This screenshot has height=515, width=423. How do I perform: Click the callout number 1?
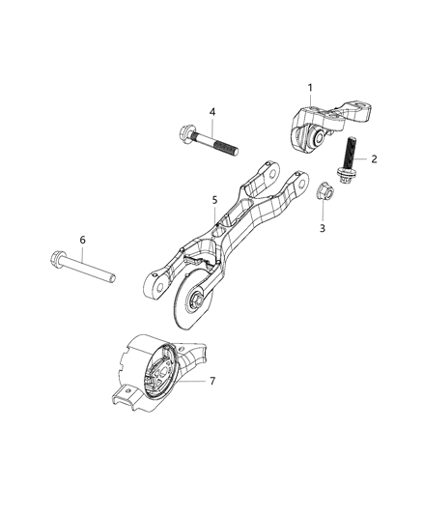(x=310, y=88)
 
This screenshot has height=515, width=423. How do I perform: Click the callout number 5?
(x=215, y=202)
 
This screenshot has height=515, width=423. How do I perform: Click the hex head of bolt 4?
(x=185, y=132)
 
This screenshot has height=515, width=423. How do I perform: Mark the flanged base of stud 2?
(x=343, y=177)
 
